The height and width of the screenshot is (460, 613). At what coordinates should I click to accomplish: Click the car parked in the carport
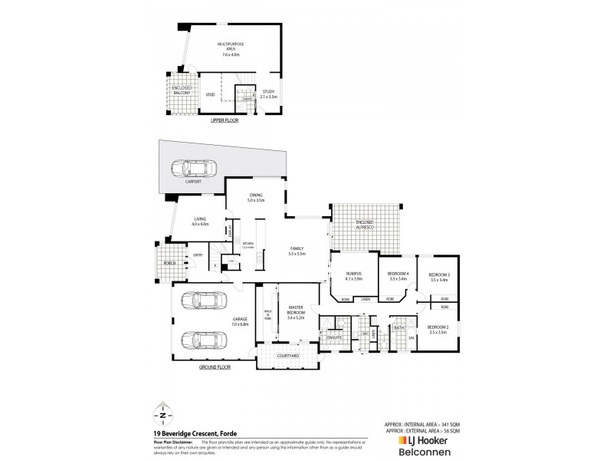(193, 169)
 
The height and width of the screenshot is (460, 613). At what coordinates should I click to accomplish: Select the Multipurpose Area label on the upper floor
(231, 51)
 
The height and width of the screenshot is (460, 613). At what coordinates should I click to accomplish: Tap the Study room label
(267, 94)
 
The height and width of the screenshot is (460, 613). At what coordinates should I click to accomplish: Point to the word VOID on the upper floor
(210, 95)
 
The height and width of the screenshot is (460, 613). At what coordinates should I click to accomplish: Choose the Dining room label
(255, 197)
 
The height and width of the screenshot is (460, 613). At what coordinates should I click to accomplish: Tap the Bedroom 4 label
(398, 277)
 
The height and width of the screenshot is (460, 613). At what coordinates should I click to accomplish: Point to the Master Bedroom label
(295, 314)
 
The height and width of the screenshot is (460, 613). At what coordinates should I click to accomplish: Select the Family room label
(297, 251)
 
